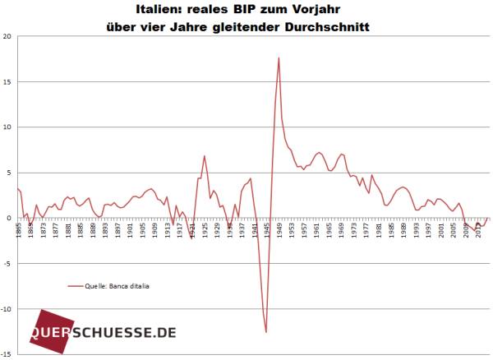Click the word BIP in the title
pyautogui.click(x=244, y=9)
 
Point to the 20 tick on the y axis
pyautogui.click(x=7, y=36)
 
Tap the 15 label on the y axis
pyautogui.click(x=7, y=81)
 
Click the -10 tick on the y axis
pyautogui.click(x=5, y=309)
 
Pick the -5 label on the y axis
pyautogui.click(x=7, y=264)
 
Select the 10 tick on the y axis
pyautogui.click(x=7, y=127)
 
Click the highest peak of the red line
pyautogui.click(x=279, y=58)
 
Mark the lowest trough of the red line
pyautogui.click(x=266, y=332)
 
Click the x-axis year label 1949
pyautogui.click(x=280, y=231)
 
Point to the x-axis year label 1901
pyautogui.click(x=131, y=231)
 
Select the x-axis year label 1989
pyautogui.click(x=405, y=231)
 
